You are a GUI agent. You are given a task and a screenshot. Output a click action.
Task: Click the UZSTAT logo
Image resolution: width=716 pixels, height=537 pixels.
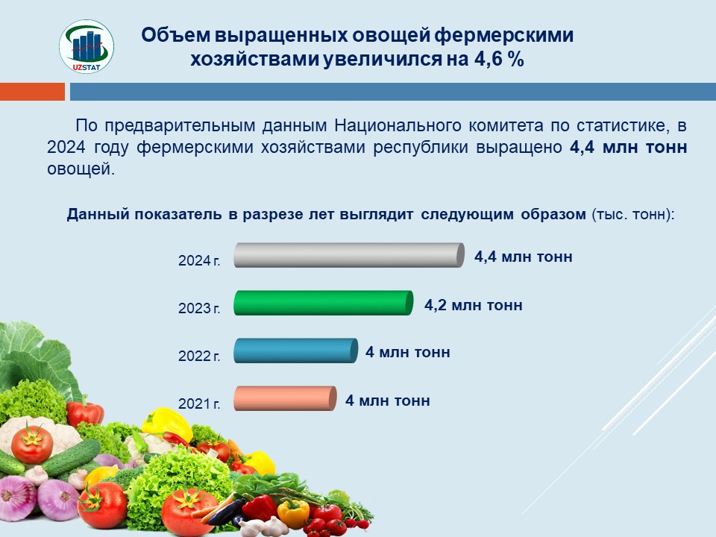point(87,46)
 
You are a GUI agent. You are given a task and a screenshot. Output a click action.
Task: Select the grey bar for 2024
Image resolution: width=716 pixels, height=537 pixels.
point(349,255)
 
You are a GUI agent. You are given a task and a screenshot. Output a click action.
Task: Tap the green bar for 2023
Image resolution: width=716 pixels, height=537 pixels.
point(323,303)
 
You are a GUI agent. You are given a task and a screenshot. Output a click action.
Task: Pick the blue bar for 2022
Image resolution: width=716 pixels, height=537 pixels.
point(295,351)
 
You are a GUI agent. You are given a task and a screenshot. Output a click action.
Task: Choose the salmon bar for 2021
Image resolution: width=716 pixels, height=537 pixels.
point(285,398)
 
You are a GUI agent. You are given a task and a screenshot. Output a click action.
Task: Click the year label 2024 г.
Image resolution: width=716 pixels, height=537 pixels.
point(199,260)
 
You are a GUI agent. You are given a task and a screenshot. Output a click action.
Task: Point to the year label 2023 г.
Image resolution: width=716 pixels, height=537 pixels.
point(199,308)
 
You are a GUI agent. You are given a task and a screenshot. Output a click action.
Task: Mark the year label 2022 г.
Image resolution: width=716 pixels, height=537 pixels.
point(199,356)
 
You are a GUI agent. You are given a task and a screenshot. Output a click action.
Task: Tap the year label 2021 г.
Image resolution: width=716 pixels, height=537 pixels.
point(199,403)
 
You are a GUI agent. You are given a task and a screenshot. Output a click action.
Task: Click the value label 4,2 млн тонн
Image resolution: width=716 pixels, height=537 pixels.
point(474,305)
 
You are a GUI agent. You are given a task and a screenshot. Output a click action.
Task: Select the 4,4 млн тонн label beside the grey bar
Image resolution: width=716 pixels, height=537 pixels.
point(524,257)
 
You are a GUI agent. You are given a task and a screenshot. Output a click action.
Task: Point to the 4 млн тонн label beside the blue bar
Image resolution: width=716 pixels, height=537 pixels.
point(408,352)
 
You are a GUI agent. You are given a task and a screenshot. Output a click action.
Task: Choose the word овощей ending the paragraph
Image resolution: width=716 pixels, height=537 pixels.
point(81,169)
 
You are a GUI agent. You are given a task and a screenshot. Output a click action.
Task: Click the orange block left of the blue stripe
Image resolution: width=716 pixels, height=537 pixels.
point(32,91)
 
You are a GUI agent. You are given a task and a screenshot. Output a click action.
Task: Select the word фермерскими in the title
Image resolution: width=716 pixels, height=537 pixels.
point(503,35)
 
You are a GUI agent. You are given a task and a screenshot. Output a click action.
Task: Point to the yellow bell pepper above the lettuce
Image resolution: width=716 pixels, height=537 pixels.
point(167,424)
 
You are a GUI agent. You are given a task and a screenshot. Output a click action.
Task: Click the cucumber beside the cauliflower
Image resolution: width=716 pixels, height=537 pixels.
point(71,457)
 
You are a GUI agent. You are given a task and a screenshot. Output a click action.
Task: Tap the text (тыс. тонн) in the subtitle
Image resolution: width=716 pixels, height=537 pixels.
point(633,214)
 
